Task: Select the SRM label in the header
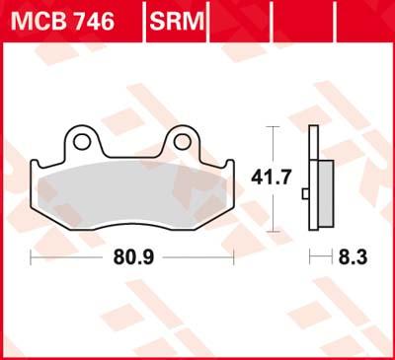point(177,17)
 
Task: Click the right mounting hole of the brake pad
point(182,141)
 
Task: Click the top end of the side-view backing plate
point(314,129)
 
